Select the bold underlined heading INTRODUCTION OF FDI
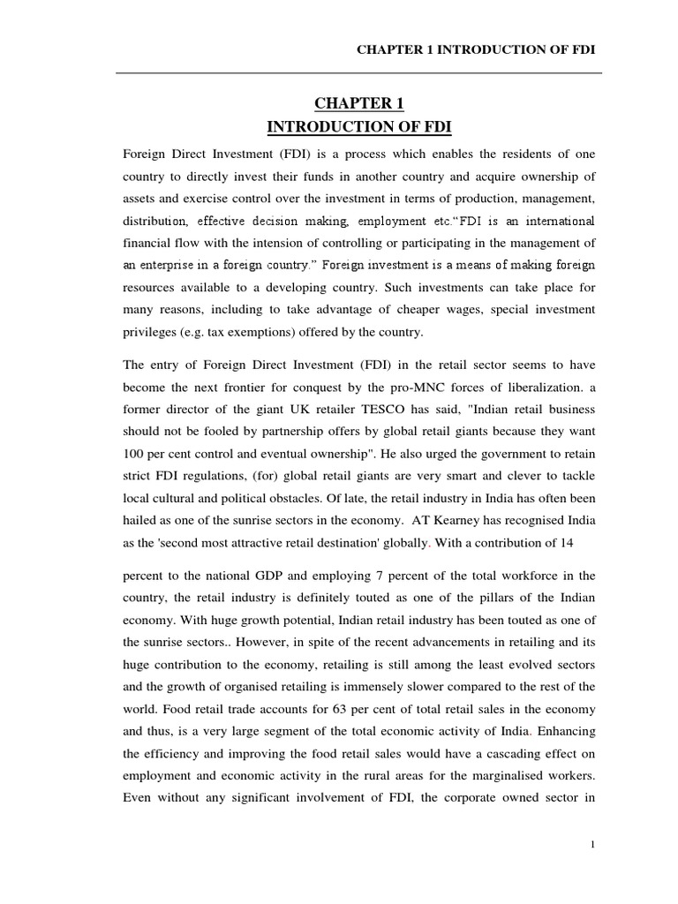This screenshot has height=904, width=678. (358, 128)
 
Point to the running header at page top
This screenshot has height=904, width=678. (475, 49)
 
